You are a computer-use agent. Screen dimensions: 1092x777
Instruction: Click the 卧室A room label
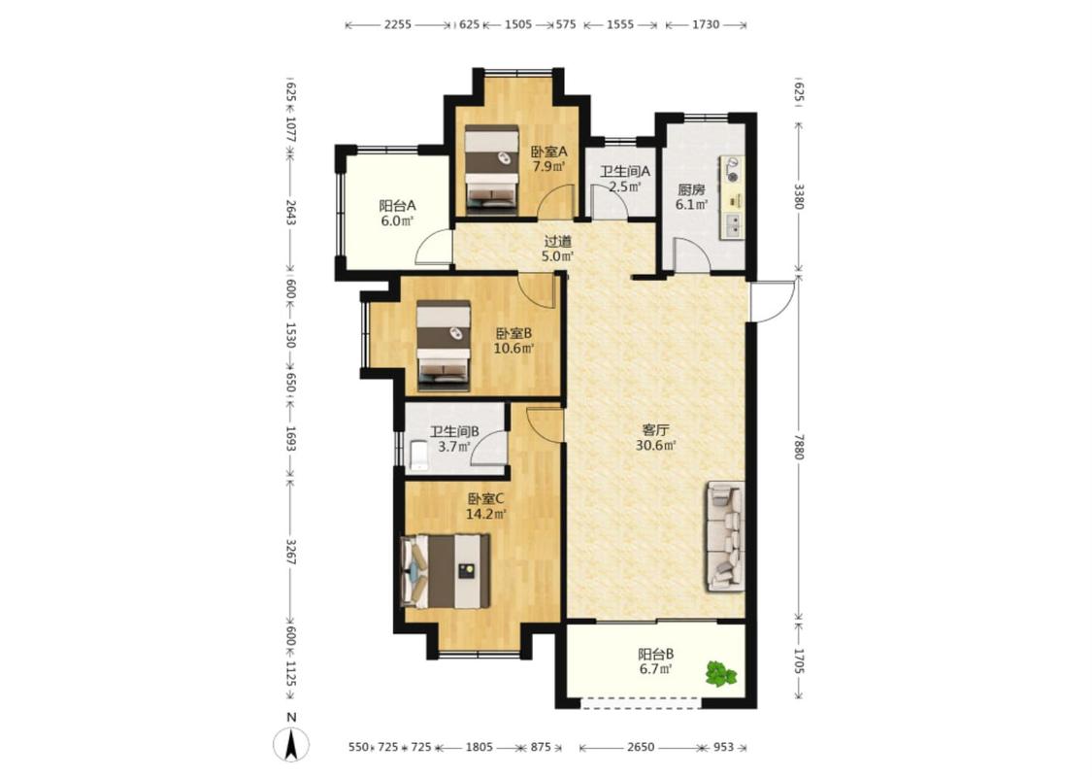(x=548, y=152)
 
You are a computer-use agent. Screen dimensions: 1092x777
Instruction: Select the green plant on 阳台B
(x=721, y=673)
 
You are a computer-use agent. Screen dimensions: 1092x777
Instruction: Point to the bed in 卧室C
(x=445, y=570)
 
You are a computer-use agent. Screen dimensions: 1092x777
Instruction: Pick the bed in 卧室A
(x=492, y=167)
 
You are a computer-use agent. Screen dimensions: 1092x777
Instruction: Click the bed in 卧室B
(x=444, y=345)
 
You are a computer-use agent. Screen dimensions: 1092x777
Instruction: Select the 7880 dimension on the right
(x=799, y=447)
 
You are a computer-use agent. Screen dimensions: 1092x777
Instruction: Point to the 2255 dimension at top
(x=398, y=24)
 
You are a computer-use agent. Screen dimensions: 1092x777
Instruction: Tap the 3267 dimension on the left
(x=291, y=552)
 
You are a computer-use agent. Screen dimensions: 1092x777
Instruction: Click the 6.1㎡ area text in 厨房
(x=691, y=204)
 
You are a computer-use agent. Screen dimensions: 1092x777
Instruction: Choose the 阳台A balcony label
(x=397, y=206)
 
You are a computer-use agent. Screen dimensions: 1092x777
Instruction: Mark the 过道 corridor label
(x=557, y=241)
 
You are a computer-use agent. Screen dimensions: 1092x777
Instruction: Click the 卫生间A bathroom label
(x=625, y=171)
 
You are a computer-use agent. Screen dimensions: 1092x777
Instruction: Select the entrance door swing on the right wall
(x=772, y=301)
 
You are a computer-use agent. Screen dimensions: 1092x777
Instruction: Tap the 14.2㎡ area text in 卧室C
(x=485, y=515)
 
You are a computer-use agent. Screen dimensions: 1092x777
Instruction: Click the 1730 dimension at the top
(x=706, y=24)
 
